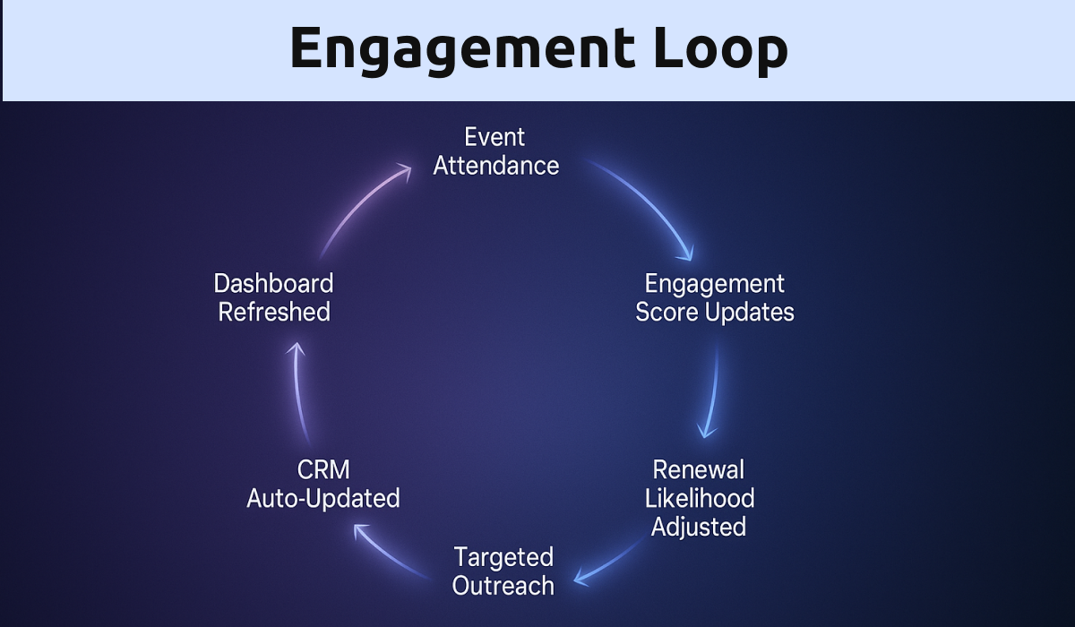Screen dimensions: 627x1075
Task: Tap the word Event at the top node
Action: [x=494, y=137]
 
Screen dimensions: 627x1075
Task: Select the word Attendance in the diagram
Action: [x=496, y=166]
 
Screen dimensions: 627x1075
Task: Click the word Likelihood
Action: [x=699, y=497]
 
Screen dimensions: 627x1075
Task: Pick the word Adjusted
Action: [x=698, y=526]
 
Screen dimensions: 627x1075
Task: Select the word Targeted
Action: [x=503, y=557]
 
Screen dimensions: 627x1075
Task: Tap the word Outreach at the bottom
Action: [x=503, y=586]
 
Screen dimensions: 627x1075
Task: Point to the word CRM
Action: [x=322, y=468]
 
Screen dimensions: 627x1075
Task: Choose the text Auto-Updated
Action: [x=322, y=498]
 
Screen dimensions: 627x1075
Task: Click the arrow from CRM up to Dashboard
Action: [x=299, y=394]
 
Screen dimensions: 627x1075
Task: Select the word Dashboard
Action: [x=273, y=283]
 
